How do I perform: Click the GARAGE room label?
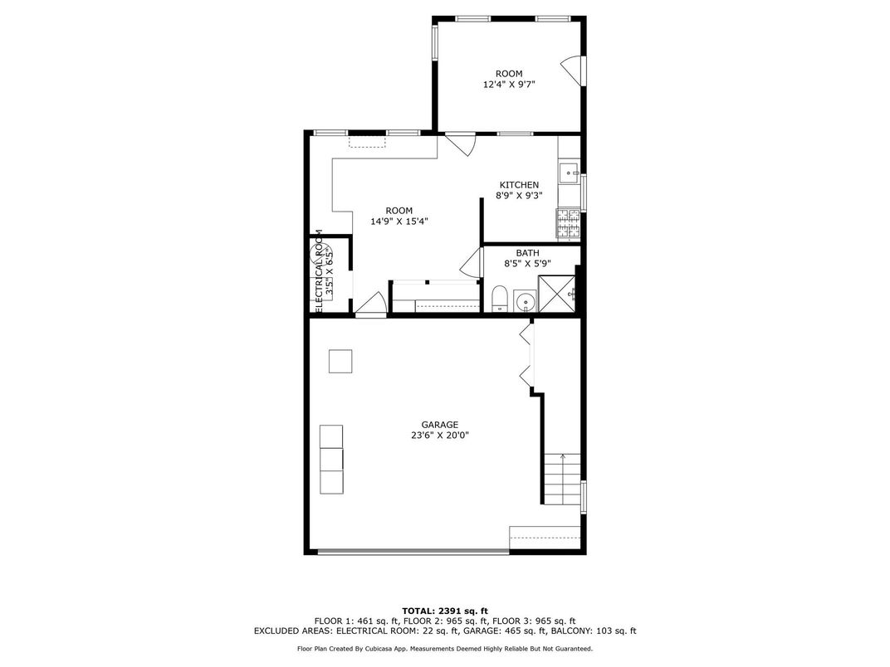[439, 425]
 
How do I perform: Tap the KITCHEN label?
[519, 185]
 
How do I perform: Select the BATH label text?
[527, 253]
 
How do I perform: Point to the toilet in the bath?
[500, 299]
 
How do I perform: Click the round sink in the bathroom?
[526, 301]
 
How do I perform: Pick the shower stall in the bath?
[557, 294]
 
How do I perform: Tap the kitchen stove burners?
[568, 223]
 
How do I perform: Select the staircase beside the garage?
[563, 480]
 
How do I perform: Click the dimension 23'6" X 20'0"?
[439, 436]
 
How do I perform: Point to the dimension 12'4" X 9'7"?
[509, 85]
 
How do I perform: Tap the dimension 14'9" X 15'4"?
[399, 222]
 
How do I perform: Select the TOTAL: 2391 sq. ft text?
[445, 611]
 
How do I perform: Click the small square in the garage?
[340, 362]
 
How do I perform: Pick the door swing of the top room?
[572, 71]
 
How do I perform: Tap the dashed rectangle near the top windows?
[367, 141]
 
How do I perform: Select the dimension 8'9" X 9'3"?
[519, 196]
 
